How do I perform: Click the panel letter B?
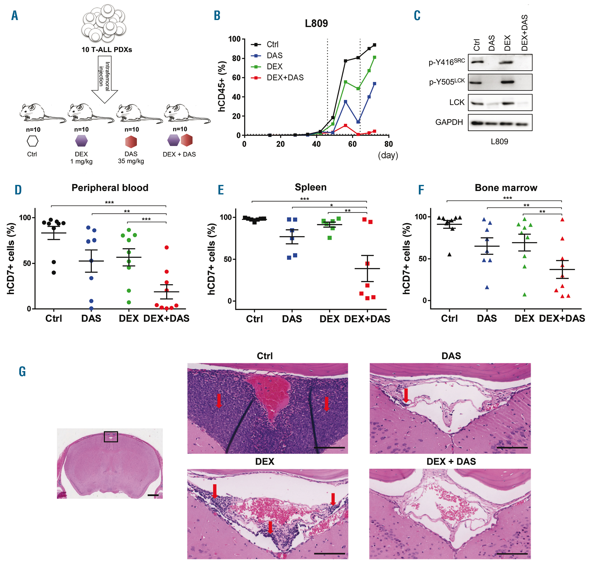(217, 16)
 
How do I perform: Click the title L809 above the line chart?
(316, 23)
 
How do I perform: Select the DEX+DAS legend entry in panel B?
(285, 78)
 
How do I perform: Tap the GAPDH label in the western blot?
(449, 122)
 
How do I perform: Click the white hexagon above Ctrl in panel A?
(32, 141)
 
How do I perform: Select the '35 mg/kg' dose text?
(131, 161)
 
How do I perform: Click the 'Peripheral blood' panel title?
(110, 188)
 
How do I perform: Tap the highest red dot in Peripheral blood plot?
(167, 247)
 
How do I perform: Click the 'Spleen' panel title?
(310, 187)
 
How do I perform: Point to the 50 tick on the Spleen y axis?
(228, 259)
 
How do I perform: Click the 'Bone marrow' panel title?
(506, 188)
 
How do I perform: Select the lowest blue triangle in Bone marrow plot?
(487, 287)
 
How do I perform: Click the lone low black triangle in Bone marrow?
(449, 254)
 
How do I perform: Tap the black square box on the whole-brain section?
(111, 437)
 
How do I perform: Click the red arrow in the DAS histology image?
(406, 395)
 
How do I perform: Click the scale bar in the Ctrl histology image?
(329, 448)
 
